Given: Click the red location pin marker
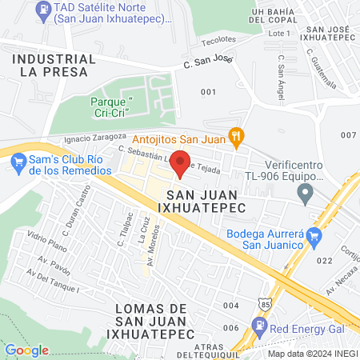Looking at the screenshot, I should point(181,162).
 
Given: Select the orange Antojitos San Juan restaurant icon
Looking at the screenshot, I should point(234,137).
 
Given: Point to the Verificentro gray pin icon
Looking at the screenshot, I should point(304,193).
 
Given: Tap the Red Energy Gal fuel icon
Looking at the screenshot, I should point(259,326).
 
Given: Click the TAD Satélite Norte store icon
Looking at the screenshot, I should point(42,10).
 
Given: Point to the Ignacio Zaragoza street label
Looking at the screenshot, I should point(93,138).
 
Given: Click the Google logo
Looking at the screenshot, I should point(27,350).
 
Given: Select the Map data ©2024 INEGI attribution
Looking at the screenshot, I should point(313,354).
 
